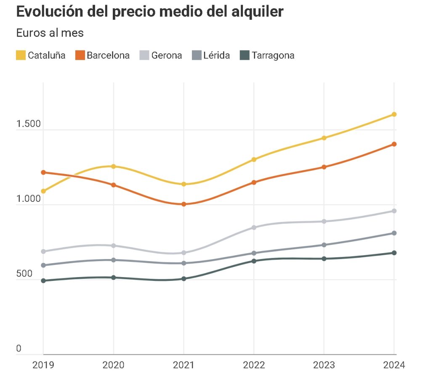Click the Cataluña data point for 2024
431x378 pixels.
point(394,114)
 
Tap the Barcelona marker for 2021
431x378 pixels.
point(184,204)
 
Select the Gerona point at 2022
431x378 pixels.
point(254,227)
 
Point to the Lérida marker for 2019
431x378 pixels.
point(43,265)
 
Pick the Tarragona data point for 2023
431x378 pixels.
point(324,259)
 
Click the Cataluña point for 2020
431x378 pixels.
point(113,167)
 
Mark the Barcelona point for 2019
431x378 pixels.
point(43,172)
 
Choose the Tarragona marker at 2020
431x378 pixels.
point(113,278)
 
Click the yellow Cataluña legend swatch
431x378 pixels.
point(21,55)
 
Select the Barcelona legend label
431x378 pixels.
point(108,55)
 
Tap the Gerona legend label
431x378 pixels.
point(167,55)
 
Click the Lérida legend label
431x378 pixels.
point(216,55)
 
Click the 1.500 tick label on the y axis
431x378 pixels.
point(28,124)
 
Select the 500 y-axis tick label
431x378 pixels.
point(24,274)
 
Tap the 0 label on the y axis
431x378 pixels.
point(19,349)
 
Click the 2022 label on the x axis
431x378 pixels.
point(254,365)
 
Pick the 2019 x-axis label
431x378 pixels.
point(43,365)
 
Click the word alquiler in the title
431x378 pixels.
point(257,12)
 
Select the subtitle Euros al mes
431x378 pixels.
point(50,33)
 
